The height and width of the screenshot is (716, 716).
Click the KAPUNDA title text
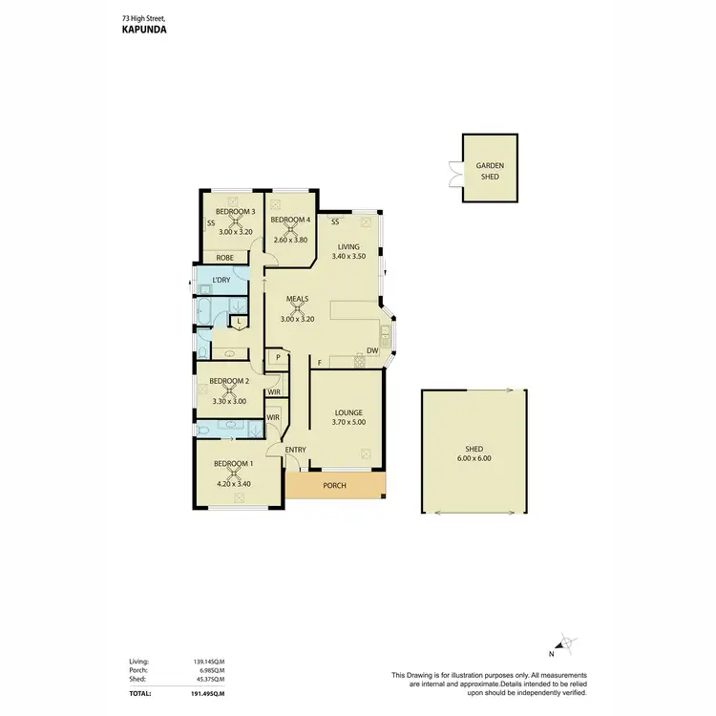tap(146, 30)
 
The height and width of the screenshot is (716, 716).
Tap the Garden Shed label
tap(491, 170)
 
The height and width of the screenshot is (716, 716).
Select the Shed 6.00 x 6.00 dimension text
tap(474, 458)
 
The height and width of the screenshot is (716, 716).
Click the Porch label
tap(334, 486)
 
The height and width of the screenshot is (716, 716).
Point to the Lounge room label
tap(348, 412)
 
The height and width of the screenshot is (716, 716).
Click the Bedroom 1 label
tap(233, 464)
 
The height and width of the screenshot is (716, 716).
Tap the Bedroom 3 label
tap(235, 211)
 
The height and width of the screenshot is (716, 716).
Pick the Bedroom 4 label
tap(289, 221)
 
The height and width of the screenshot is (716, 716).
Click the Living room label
tap(348, 247)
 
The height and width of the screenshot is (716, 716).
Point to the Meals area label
tap(298, 299)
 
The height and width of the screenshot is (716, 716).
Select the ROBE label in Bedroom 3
tap(225, 258)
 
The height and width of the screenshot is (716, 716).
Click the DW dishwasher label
tap(373, 350)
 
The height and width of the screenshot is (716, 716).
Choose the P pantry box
tap(278, 358)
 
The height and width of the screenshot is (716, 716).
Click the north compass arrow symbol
tap(566, 646)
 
